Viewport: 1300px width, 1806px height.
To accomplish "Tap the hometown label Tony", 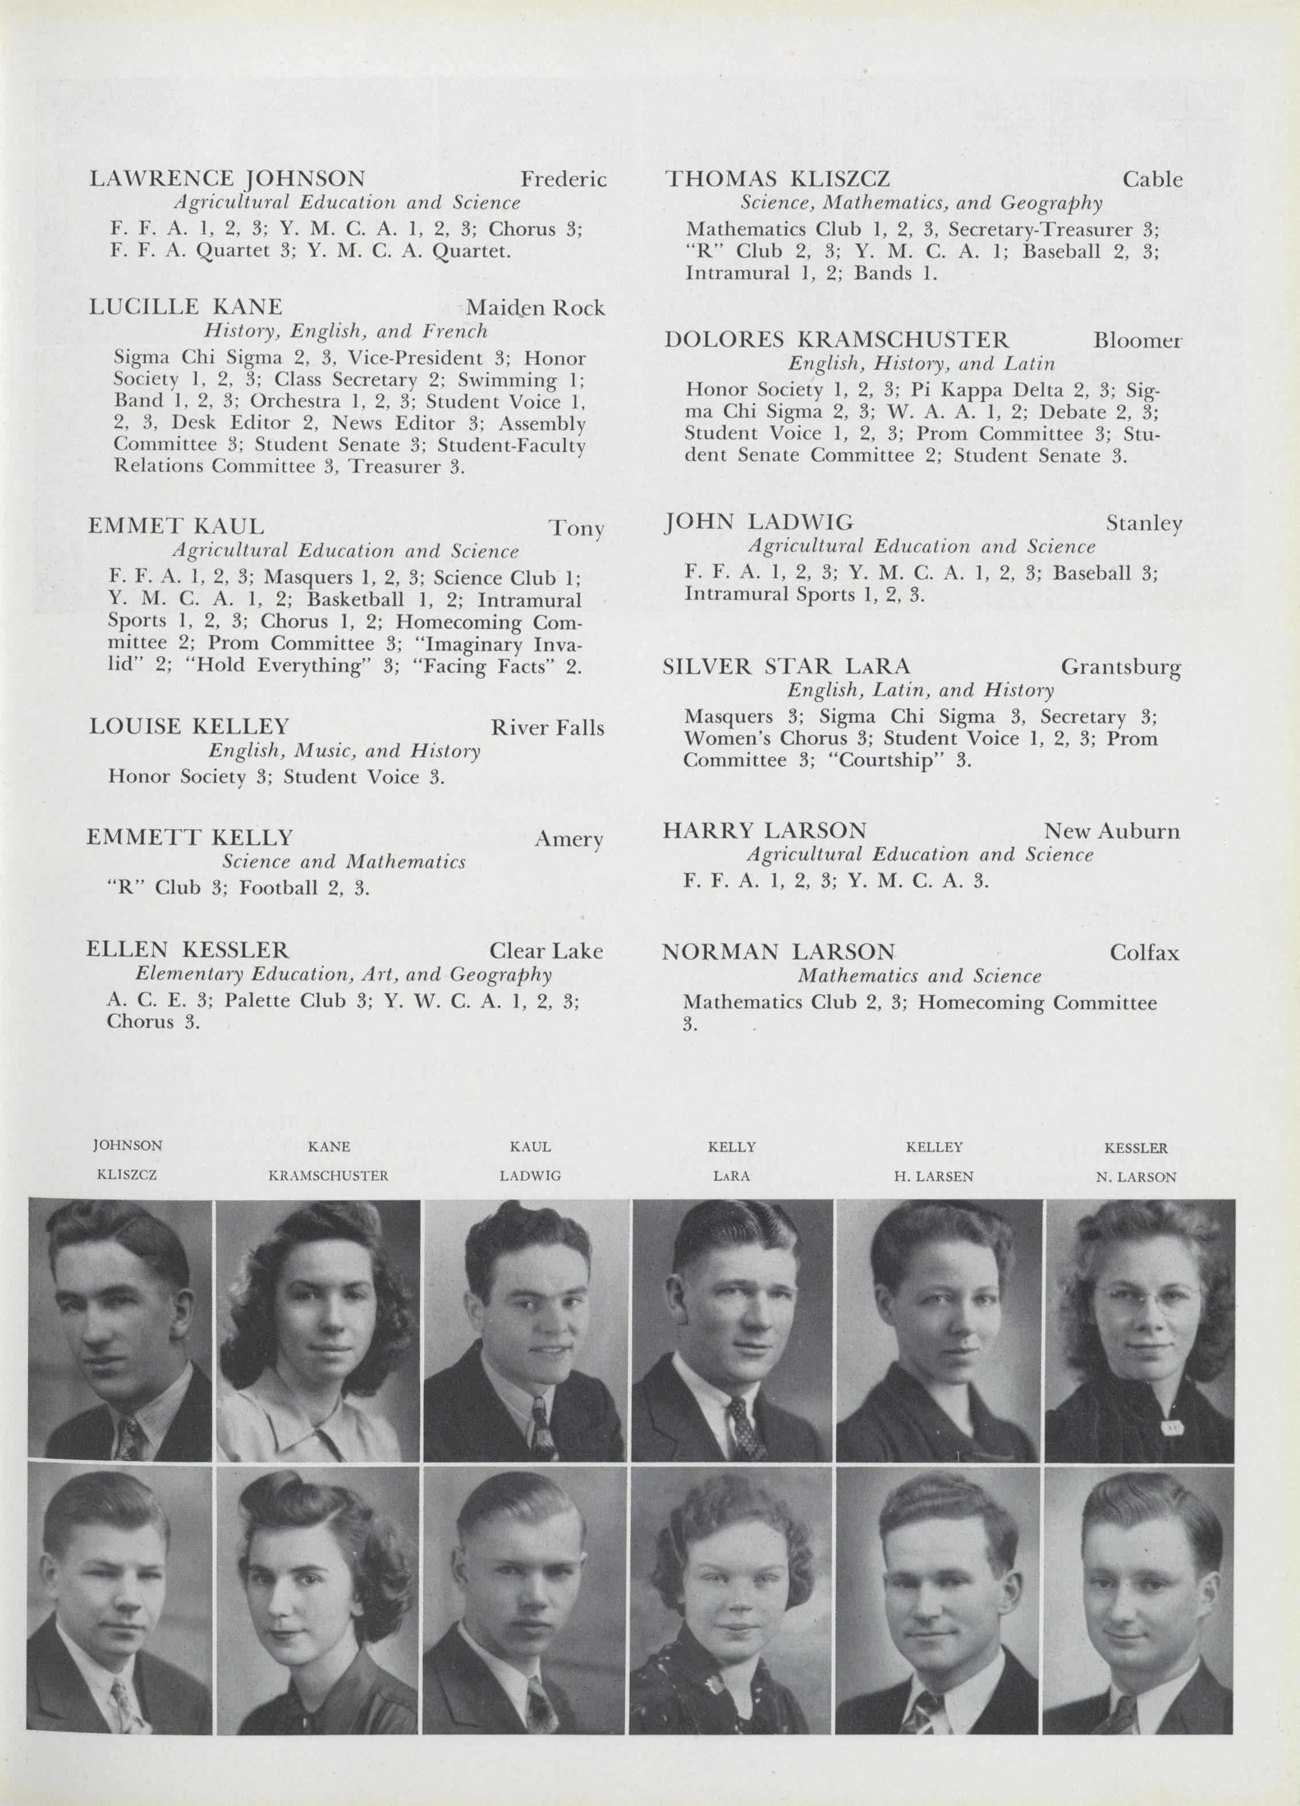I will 576,529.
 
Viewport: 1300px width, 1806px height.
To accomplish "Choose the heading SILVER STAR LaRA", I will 786,666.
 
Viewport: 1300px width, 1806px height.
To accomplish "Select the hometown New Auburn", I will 1111,831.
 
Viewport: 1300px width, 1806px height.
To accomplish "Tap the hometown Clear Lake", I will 546,951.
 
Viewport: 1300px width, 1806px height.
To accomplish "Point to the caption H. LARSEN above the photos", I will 934,1176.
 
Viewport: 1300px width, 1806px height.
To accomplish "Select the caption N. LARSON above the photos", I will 1136,1177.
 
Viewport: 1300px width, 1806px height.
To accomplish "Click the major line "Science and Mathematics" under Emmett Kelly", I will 343,862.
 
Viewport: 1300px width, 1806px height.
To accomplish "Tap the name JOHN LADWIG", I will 758,523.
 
